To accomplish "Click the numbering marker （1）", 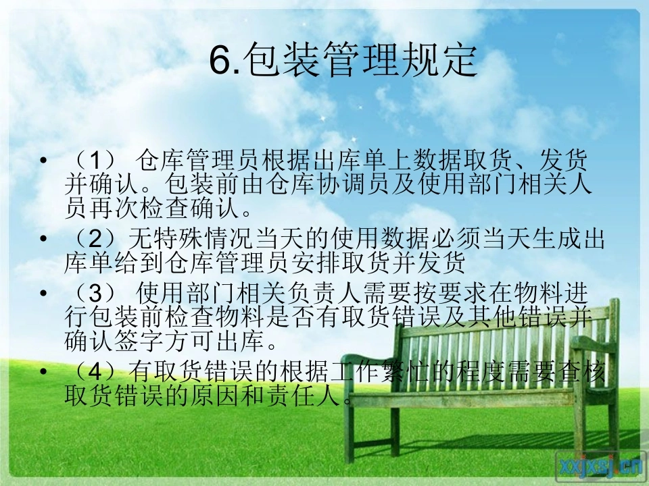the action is (x=95, y=159).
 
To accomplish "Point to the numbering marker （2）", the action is (x=95, y=238).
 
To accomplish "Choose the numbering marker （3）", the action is (x=95, y=294).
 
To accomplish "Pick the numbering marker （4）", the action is (x=95, y=372).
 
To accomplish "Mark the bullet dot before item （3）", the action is (x=43, y=293).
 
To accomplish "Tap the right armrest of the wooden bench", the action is (x=593, y=344).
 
